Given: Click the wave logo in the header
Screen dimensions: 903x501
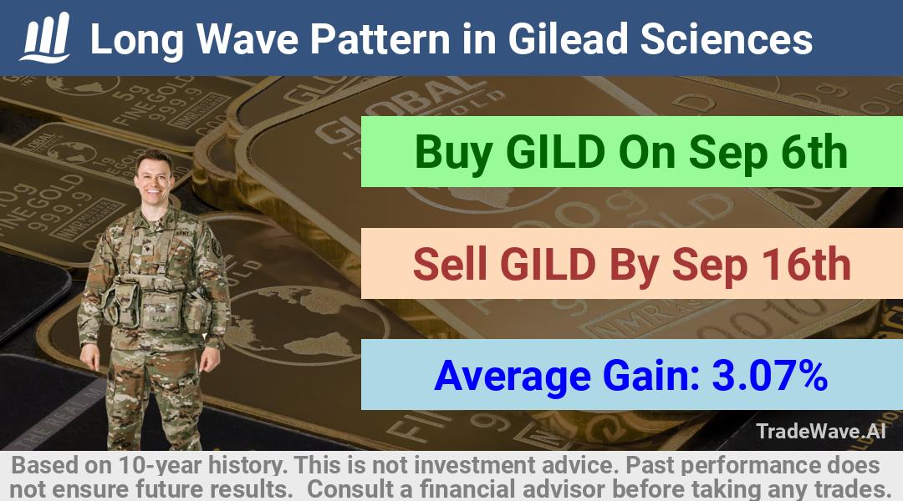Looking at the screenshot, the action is [x=45, y=38].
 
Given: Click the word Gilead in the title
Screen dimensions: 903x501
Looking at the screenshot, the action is [x=568, y=39].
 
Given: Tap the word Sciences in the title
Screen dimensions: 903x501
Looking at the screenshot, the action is [x=727, y=39].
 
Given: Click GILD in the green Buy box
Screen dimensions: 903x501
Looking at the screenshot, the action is [x=556, y=153].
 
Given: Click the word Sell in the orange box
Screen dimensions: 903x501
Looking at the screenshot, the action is [x=450, y=264].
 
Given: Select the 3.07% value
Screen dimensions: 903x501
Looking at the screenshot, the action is [x=770, y=376].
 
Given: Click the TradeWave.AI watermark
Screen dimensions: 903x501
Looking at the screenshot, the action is [x=821, y=431].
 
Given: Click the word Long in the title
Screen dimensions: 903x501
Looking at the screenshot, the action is [x=137, y=40].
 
